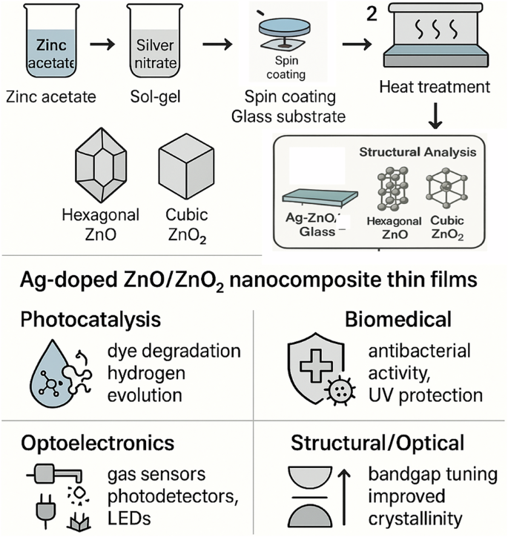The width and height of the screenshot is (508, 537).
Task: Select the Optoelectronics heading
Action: (x=99, y=443)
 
